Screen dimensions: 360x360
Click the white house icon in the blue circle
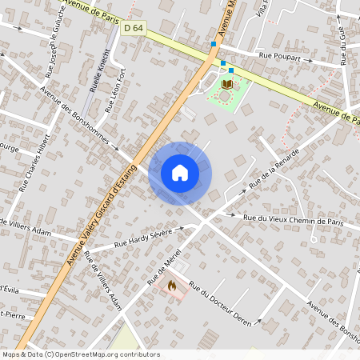click(180, 173)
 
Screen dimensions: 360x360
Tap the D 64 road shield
click(134, 29)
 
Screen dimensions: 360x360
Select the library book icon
click(227, 83)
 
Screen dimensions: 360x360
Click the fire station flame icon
click(171, 285)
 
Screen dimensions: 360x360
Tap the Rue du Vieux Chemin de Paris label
click(293, 220)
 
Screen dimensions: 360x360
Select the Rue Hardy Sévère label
click(143, 238)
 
